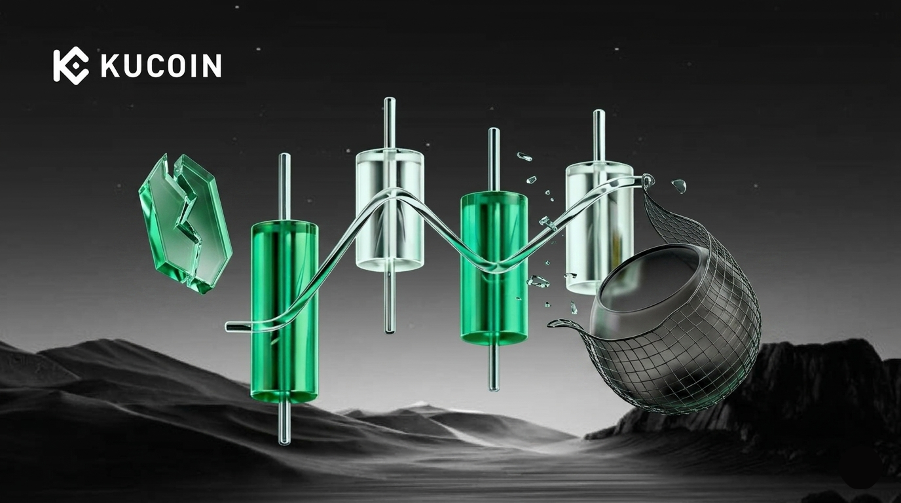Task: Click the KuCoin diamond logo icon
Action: click(x=71, y=65)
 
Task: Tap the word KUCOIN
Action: click(x=161, y=65)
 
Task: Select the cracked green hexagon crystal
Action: click(x=185, y=223)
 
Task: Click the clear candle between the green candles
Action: click(x=390, y=209)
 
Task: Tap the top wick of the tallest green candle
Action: click(x=284, y=187)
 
